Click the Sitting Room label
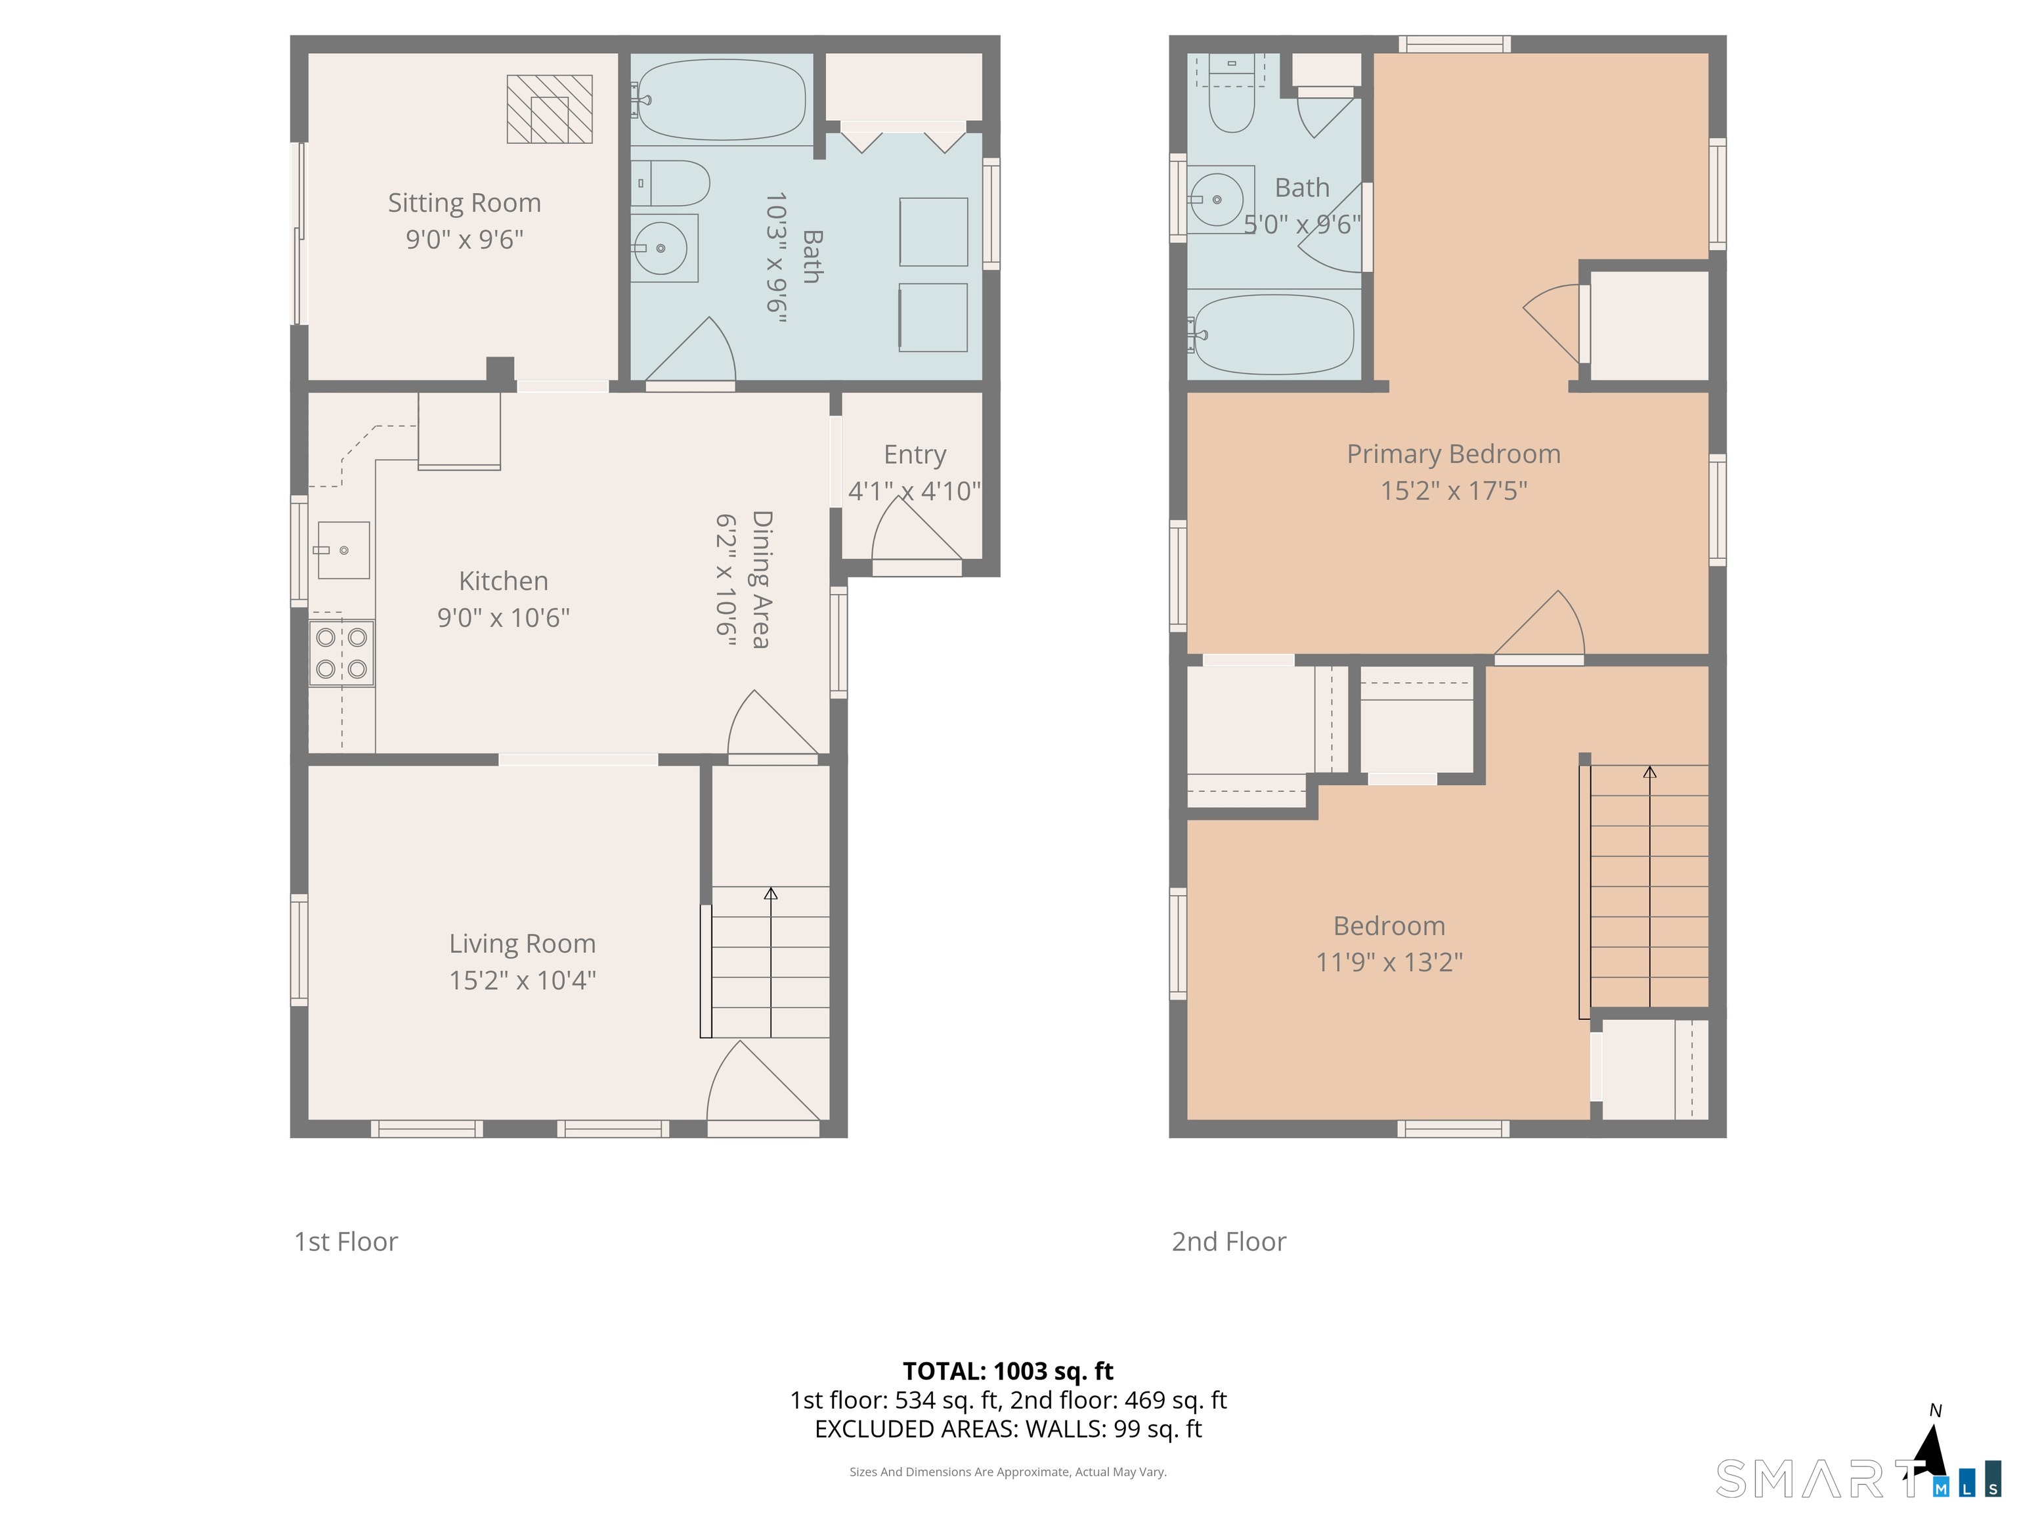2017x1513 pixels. click(464, 202)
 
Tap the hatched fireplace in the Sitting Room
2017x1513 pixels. click(550, 110)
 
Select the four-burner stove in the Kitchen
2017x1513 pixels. click(341, 653)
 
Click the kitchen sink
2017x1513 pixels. click(344, 550)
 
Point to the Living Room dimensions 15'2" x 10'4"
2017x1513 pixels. click(523, 980)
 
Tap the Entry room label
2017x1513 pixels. click(915, 454)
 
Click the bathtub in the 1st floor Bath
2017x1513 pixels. click(720, 99)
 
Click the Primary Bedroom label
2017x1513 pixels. click(1454, 454)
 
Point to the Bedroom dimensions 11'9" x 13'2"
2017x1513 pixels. click(1389, 962)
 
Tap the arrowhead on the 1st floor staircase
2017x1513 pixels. click(771, 893)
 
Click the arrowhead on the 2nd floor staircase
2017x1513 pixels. click(1649, 772)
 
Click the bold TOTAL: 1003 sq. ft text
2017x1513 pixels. click(1008, 1370)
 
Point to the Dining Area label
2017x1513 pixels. click(760, 579)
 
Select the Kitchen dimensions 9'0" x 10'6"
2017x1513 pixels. click(504, 617)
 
